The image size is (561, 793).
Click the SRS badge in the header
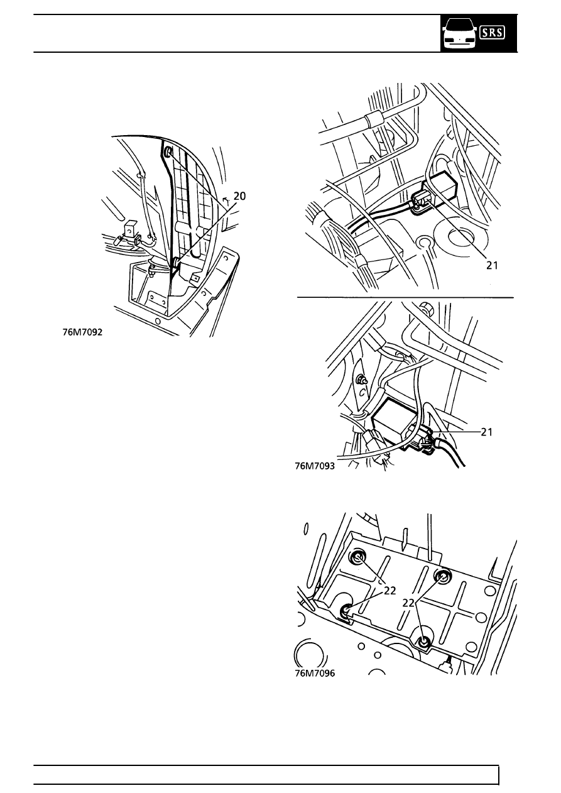coord(492,33)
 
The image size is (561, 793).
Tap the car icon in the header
coord(459,35)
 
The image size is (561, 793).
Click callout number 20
coord(239,196)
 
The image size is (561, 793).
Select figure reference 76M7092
coord(82,332)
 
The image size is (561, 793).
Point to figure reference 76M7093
coord(315,466)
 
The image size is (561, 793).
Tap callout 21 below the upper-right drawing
coord(492,265)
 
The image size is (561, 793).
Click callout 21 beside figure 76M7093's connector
coord(486,432)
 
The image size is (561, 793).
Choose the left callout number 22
coord(389,591)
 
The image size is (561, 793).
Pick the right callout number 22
coord(408,603)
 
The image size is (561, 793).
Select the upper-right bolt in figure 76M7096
coord(442,577)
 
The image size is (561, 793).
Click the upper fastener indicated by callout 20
coord(168,152)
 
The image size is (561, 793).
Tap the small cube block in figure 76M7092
coord(130,228)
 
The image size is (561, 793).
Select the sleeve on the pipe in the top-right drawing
coord(374,121)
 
